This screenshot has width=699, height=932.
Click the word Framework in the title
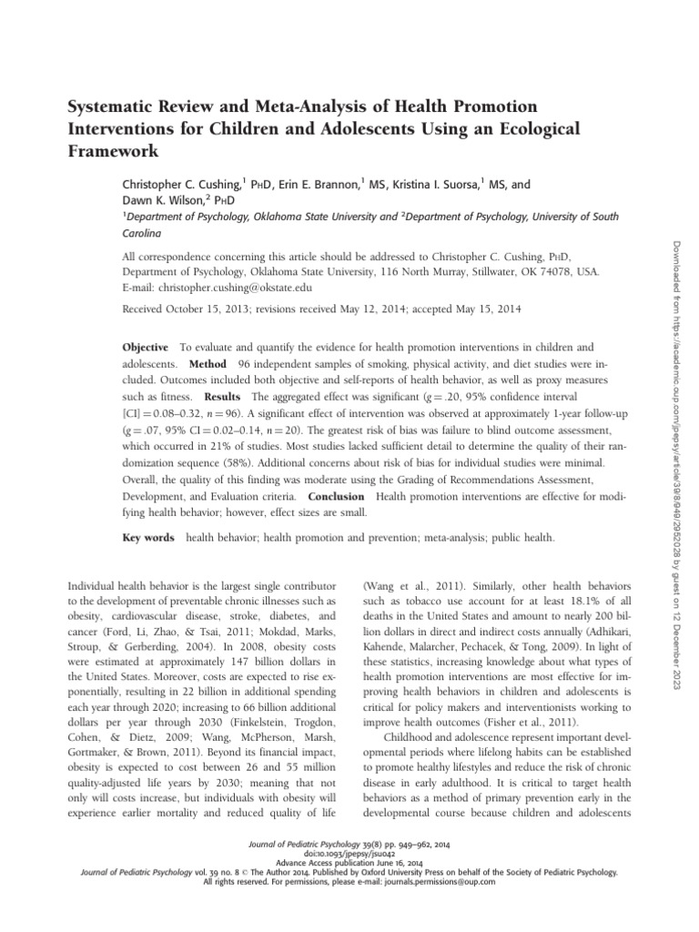coord(114,149)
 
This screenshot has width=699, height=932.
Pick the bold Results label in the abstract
coord(222,398)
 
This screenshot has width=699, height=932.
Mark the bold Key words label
coord(148,539)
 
